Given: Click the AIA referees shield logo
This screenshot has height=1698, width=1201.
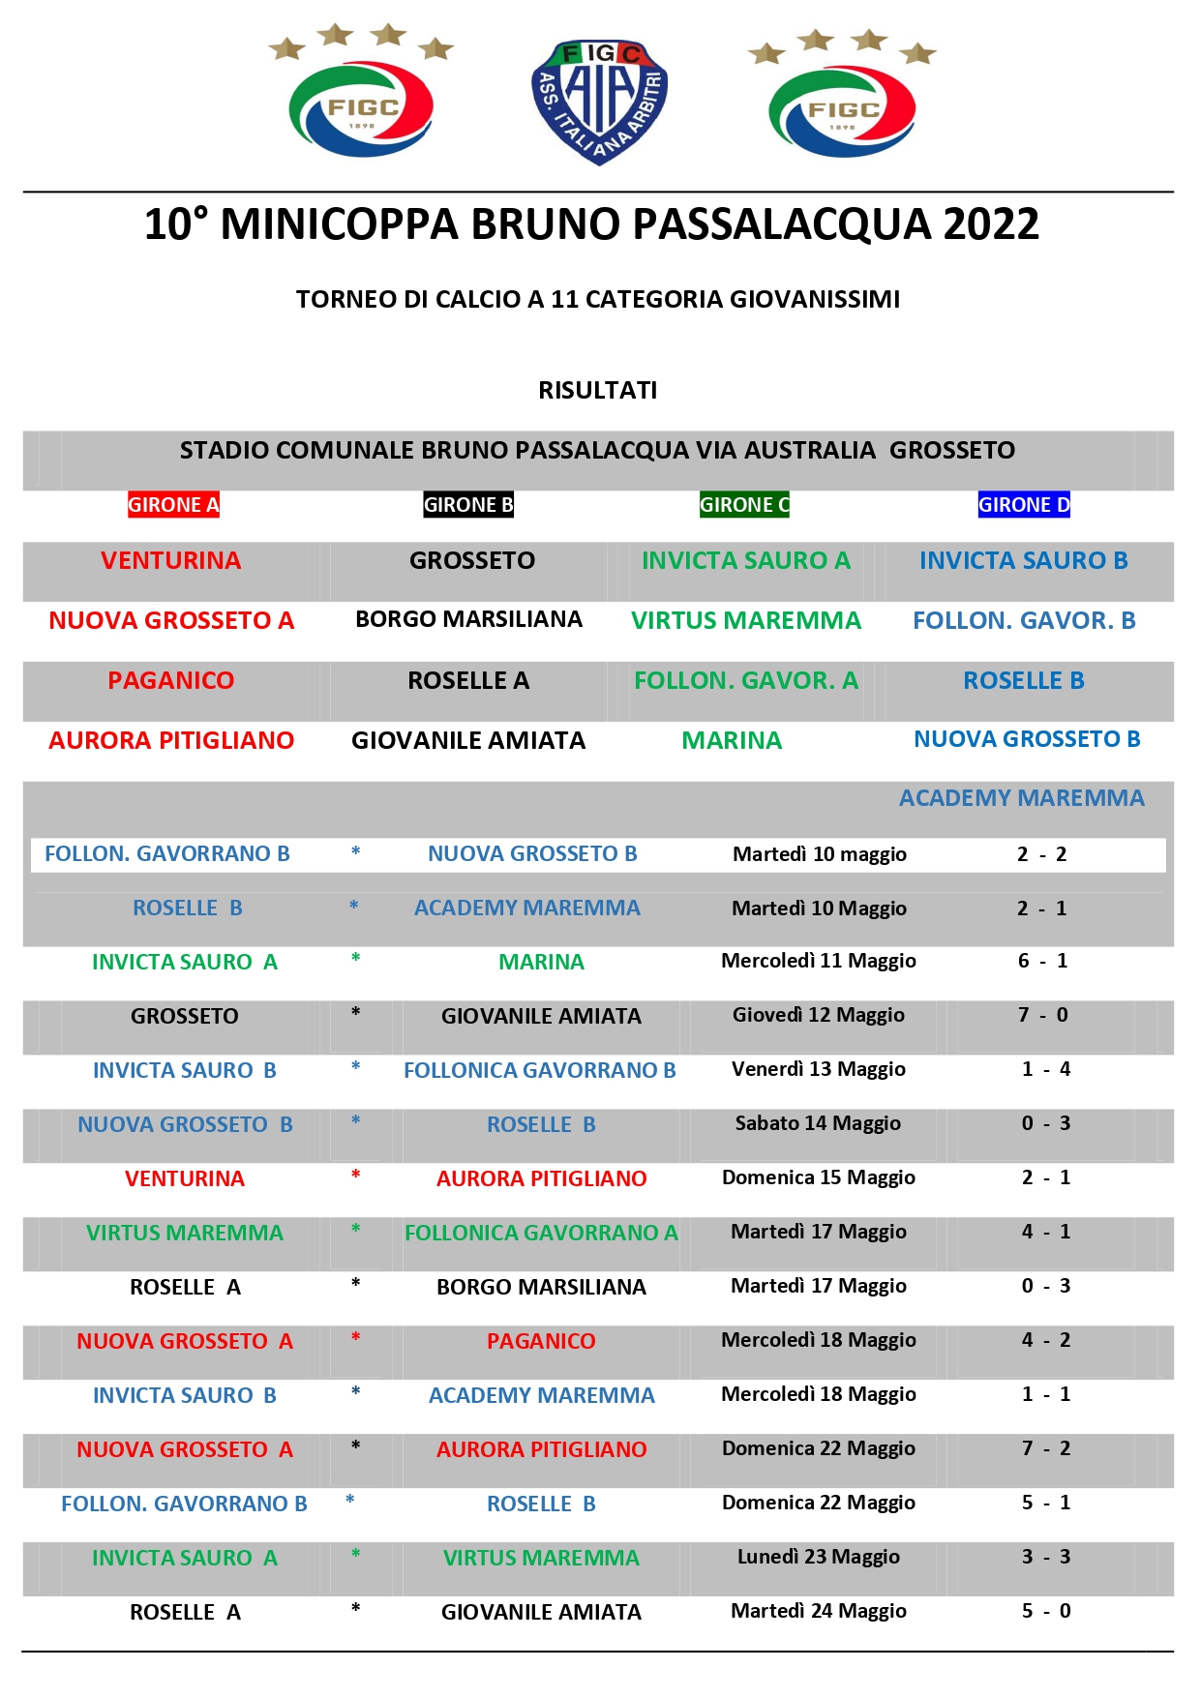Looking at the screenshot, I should click(599, 102).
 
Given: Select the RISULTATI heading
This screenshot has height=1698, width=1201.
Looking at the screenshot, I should click(598, 390).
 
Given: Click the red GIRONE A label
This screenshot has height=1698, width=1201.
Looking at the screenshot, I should click(174, 504).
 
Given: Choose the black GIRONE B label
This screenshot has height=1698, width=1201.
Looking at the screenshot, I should click(468, 504).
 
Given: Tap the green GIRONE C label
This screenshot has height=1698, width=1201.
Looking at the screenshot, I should click(744, 504).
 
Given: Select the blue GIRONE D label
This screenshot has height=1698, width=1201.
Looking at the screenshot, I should click(1024, 504).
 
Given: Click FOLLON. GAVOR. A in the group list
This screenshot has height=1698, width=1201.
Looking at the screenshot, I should click(746, 680).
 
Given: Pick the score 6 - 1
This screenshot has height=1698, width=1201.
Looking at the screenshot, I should click(1043, 961).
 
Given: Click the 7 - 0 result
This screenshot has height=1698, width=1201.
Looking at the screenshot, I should click(1043, 1015).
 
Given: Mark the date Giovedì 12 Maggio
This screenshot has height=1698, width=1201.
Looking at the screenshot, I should click(819, 1015).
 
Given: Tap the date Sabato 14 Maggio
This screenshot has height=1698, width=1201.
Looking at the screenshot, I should click(818, 1123).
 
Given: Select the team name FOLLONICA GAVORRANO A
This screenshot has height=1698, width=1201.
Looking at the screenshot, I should click(541, 1233).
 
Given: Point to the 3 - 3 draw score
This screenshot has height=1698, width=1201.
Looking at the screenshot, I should click(1046, 1557).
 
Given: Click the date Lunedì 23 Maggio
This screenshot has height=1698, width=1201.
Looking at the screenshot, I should click(819, 1557).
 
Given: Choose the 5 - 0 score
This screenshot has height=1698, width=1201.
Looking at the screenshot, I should click(1046, 1611).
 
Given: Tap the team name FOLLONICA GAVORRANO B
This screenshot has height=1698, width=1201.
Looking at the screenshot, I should click(540, 1070).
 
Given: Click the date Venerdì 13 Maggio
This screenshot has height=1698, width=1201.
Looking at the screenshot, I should click(819, 1069).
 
